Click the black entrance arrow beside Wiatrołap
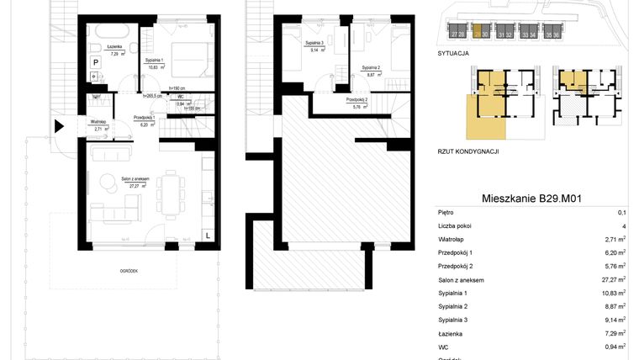(x=59, y=127)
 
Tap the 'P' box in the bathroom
(x=96, y=62)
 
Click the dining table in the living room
(x=171, y=193)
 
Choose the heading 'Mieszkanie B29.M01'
(x=532, y=199)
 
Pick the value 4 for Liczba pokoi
(x=622, y=226)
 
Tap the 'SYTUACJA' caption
(x=453, y=52)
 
